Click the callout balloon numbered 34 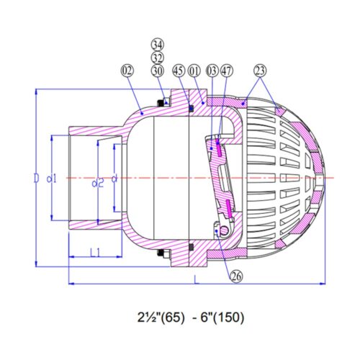[x=158, y=45]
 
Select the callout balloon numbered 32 [x=158, y=58]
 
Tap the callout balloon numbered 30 [x=158, y=71]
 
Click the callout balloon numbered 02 [x=127, y=71]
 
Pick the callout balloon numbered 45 [x=179, y=71]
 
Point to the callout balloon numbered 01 [x=194, y=71]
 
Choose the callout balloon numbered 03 [x=212, y=71]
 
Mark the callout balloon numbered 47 [x=227, y=71]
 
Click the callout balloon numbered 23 [x=260, y=71]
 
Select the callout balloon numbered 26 [x=236, y=276]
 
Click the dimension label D [x=36, y=179]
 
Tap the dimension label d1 [x=51, y=179]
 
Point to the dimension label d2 [x=98, y=184]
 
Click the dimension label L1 [x=95, y=253]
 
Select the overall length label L [x=197, y=279]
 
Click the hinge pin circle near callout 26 [x=224, y=230]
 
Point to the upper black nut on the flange [x=160, y=103]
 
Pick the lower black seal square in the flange [x=192, y=247]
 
